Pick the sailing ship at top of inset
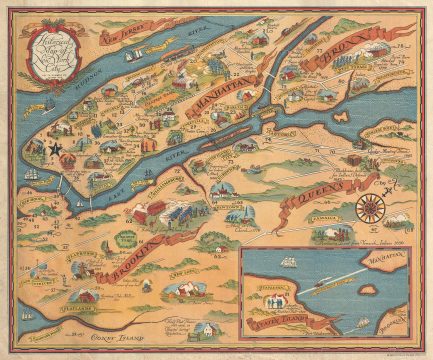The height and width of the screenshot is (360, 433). (286, 265)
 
